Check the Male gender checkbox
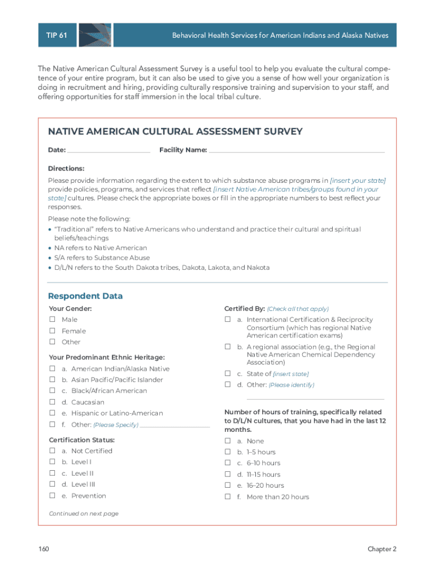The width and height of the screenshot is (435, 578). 52,319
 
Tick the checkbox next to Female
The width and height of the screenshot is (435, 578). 52,331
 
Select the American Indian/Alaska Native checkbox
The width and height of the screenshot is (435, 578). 52,369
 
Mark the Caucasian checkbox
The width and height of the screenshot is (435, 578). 52,402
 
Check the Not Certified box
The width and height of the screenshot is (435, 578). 52,450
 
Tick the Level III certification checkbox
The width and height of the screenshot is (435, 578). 52,484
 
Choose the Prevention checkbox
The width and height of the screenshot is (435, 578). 52,496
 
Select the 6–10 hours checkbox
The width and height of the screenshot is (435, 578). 228,463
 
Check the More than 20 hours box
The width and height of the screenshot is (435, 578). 228,497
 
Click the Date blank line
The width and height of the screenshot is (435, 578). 108,151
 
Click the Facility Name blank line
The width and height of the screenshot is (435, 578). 297,151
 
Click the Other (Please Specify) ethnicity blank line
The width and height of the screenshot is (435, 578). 175,426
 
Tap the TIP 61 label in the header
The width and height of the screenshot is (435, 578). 56,35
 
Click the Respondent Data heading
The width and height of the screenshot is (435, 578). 85,296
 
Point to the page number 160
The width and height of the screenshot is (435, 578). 45,549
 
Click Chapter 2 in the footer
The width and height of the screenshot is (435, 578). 382,549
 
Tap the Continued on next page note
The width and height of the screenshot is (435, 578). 84,514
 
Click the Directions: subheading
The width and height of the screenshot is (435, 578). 66,168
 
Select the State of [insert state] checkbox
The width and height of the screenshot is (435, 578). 228,373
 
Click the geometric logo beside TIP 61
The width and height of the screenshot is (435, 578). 94,35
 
